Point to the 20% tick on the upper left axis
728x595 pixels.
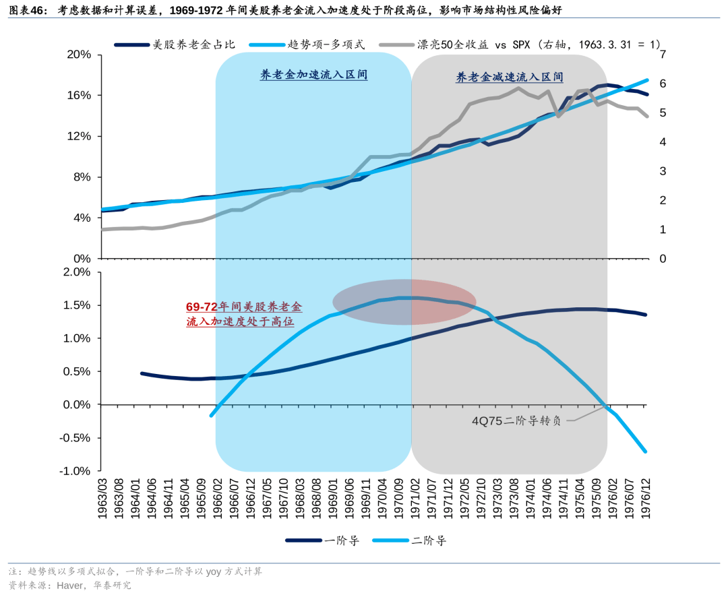(79, 55)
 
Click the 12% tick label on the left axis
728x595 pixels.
(79, 136)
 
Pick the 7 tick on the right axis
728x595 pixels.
(663, 55)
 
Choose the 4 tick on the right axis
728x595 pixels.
(663, 142)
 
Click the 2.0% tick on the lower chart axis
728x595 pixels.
(76, 272)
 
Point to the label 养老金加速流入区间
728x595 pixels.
(313, 75)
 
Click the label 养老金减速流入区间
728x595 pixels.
(509, 77)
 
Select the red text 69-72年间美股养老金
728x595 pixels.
(244, 307)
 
